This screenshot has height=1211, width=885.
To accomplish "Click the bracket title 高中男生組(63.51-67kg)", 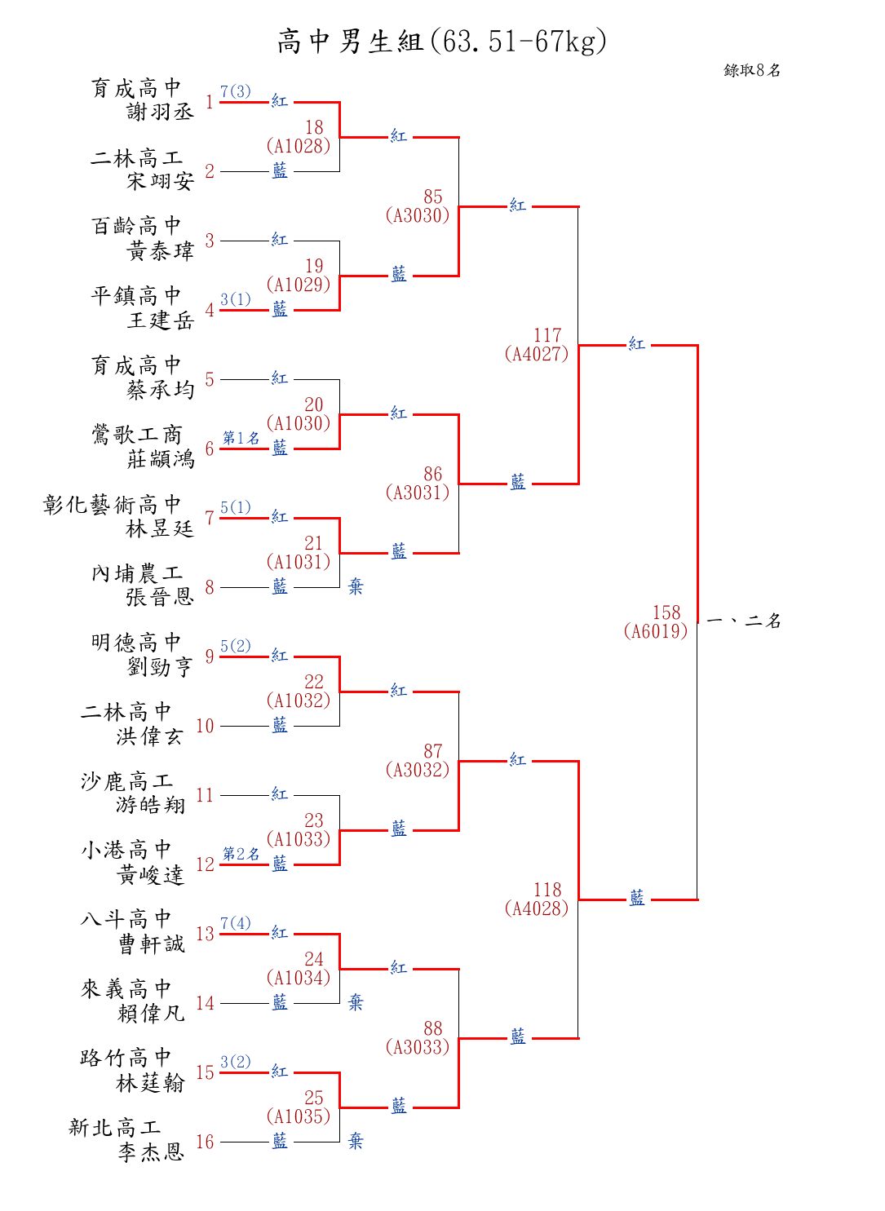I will coord(442,41).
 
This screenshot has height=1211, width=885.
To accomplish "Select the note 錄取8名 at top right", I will coord(752,70).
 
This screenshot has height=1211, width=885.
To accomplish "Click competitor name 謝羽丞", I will coord(160,112).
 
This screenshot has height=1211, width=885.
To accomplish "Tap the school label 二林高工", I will coord(136,157).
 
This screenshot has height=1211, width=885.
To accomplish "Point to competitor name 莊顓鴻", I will coord(160,459).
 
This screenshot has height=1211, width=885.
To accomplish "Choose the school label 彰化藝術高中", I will coord(112,505).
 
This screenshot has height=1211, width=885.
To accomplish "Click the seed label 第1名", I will coord(241,438).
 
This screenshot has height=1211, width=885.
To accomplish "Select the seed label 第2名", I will coord(241,854).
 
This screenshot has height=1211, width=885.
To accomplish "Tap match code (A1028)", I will coord(299,146).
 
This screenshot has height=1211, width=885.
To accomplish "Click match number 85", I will coord(432,197).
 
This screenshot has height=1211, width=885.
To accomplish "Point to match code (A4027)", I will coord(537,354).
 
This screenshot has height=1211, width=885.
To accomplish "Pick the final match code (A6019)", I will coord(656,631).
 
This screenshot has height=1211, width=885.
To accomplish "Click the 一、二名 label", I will coord(743,621).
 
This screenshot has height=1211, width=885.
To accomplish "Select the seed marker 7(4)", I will coord(236,923).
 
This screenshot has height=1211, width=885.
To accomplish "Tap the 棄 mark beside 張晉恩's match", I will coord(356,586).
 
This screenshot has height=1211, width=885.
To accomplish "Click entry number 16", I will coord(205,1142).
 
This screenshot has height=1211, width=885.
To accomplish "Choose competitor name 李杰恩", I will coord(151,1152).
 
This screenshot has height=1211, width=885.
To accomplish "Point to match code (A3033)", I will coord(418,1047).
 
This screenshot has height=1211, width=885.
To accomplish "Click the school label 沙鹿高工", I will coord(126,781).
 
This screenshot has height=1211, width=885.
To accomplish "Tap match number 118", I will coord(547,890).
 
